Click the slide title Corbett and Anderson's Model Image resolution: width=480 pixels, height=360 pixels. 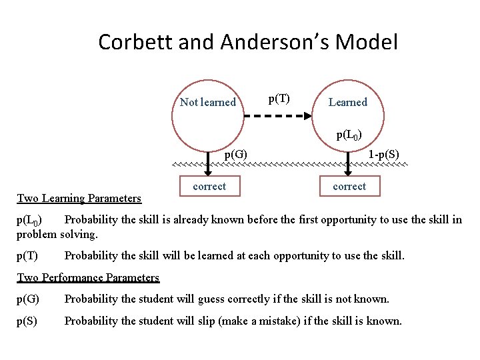point(247,42)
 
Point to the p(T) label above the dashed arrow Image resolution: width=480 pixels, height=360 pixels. point(279,99)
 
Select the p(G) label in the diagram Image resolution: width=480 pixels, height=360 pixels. point(236,154)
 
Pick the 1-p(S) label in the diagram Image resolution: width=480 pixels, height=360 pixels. point(383,154)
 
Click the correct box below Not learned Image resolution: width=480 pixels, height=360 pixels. point(209,187)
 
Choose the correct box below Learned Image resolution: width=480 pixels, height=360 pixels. point(349,187)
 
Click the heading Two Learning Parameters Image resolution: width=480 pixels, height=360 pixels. point(79,198)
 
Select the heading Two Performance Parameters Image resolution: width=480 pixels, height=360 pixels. point(87,277)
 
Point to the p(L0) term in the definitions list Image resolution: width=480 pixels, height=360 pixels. point(29,220)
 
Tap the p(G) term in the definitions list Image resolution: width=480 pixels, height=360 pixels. point(27,299)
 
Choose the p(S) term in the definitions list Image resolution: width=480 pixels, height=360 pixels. point(27,321)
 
